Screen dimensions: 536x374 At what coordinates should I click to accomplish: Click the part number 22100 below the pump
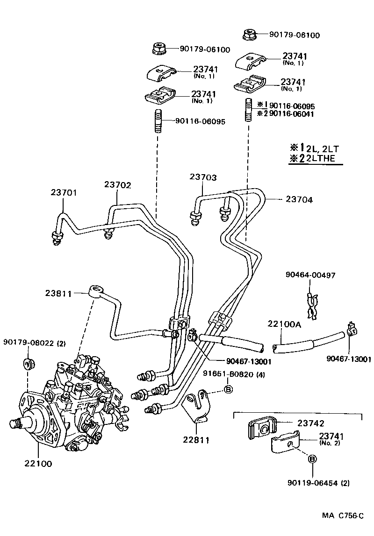point(38,464)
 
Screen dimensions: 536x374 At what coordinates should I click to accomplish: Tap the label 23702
point(117,185)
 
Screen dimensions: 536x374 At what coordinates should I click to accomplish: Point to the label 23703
point(203,177)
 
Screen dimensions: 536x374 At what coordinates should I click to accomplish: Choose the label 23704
point(299,199)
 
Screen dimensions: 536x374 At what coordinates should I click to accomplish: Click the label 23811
point(58,294)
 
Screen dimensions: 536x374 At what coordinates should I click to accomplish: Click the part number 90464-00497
point(310,275)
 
